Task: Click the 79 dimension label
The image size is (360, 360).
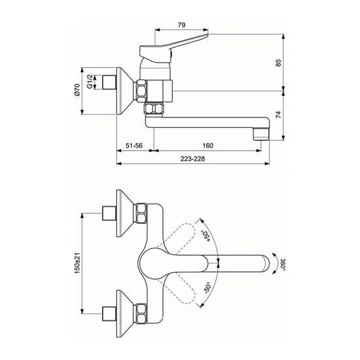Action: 181,25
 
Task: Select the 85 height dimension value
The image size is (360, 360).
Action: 278,63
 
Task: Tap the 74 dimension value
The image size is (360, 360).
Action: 278,115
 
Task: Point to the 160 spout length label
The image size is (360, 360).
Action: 208,145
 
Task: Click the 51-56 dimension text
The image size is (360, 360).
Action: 134,145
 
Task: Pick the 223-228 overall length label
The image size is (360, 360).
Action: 192,158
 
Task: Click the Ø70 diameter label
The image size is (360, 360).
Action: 77,90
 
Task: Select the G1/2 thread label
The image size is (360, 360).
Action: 89,82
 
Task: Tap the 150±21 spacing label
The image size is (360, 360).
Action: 77,263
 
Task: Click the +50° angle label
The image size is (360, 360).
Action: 205,236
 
